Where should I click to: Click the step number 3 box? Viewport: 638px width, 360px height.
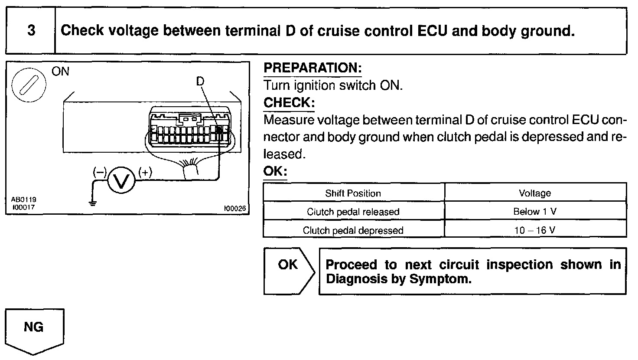tap(31, 31)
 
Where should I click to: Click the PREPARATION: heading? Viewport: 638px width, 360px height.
tap(312, 68)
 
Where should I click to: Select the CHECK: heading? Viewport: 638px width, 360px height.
tap(289, 103)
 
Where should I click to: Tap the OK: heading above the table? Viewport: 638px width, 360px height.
tap(275, 171)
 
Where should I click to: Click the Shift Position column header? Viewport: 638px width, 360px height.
tap(353, 193)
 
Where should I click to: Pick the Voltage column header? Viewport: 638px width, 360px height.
tap(535, 193)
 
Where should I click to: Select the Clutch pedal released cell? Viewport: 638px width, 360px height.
tap(353, 212)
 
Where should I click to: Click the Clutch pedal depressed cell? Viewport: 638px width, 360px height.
tap(353, 230)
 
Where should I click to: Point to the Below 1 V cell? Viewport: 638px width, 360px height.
tap(535, 212)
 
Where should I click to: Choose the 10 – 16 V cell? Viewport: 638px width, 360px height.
tap(535, 230)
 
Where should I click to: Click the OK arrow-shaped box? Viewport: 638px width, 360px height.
tap(288, 271)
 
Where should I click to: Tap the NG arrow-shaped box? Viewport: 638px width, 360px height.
tap(34, 328)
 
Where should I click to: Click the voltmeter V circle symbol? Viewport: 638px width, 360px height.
tap(121, 181)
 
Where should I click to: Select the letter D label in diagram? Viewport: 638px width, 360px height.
tap(200, 81)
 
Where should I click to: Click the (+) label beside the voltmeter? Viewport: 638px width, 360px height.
tap(145, 172)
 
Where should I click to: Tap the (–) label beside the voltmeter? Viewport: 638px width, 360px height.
tap(99, 172)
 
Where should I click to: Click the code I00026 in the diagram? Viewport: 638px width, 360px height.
tap(234, 209)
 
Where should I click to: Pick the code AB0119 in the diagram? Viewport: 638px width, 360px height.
tap(23, 200)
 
